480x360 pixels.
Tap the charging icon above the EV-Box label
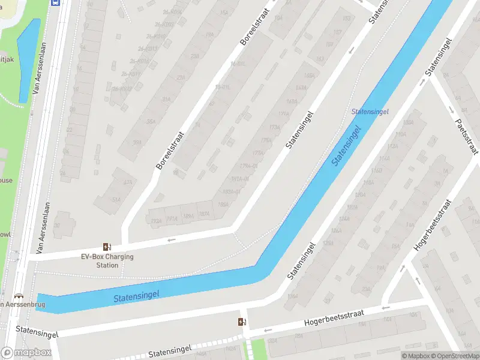107,247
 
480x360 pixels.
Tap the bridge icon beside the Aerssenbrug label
19,296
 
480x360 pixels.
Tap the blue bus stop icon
56,2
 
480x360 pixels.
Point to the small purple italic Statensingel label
370,112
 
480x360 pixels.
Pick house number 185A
224,204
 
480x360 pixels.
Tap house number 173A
275,127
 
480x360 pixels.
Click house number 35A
151,122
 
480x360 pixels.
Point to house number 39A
137,143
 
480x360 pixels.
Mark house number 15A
224,12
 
